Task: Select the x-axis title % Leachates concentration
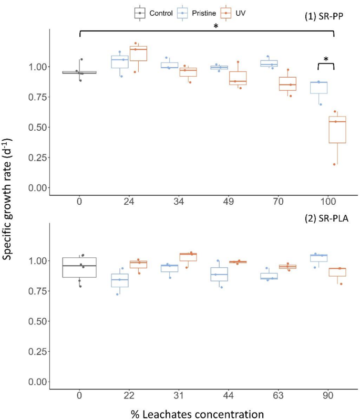point(197,414)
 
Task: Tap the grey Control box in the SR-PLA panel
point(79,267)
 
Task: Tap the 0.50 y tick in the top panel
point(38,127)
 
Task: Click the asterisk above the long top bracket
point(216,27)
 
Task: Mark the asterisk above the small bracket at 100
point(326,59)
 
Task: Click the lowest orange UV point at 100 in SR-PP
point(334,164)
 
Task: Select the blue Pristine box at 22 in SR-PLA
point(121,280)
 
